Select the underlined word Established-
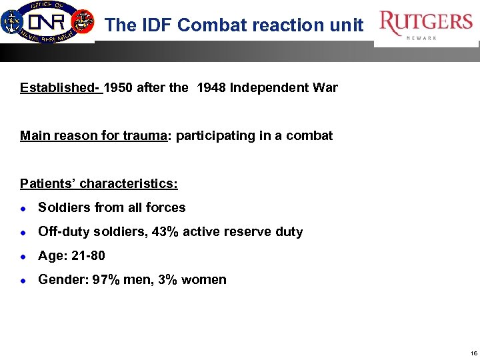click(61, 87)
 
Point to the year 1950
click(119, 87)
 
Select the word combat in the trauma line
click(309, 136)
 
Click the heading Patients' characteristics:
click(99, 183)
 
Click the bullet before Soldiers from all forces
click(23, 208)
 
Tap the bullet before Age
click(23, 256)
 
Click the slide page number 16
click(473, 353)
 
